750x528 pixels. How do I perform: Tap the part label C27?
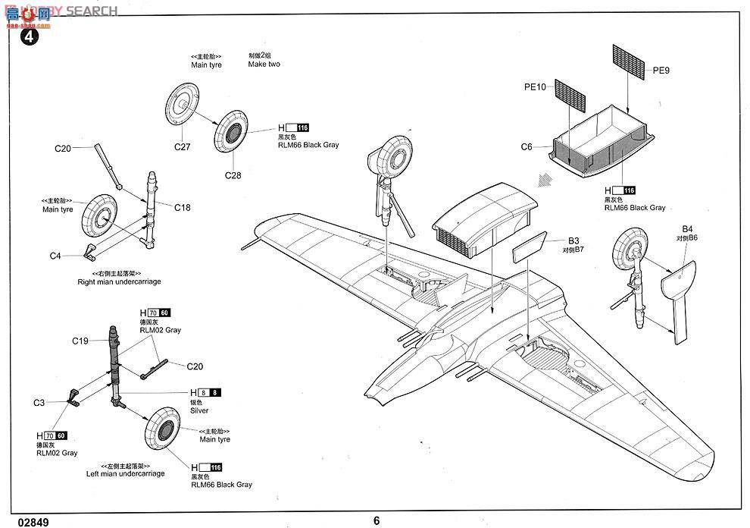[181, 147]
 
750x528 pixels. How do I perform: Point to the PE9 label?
[661, 71]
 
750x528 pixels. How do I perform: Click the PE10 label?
[535, 87]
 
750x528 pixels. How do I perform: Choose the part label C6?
[527, 147]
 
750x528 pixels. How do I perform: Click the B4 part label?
[687, 228]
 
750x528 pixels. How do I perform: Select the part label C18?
[183, 206]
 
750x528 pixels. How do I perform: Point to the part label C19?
[81, 341]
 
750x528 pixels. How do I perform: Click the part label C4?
[55, 256]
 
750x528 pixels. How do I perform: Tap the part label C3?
[39, 402]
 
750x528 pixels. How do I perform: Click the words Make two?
[264, 64]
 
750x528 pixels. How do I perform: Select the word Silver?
[199, 410]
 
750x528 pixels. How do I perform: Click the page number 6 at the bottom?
[376, 520]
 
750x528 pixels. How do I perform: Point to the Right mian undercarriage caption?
[119, 281]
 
